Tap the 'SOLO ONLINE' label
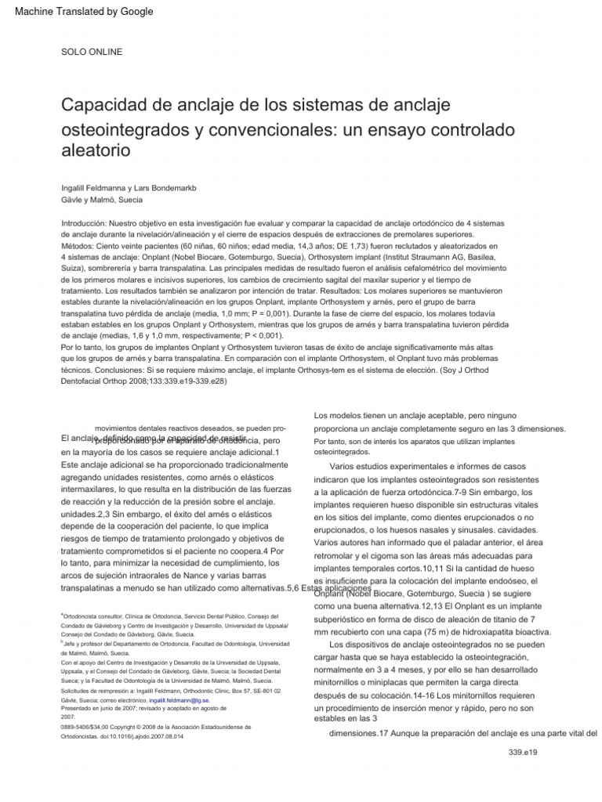point(92,52)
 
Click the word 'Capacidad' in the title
point(106,104)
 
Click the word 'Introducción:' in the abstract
point(89,223)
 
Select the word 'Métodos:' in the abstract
point(80,246)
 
